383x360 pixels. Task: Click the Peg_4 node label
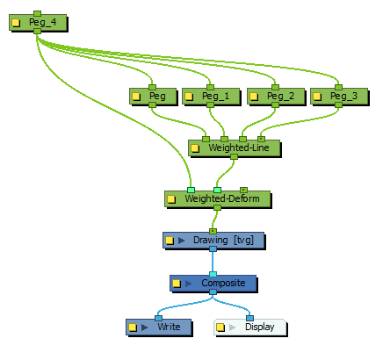42,22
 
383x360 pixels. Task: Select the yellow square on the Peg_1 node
189,97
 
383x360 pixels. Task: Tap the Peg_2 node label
280,96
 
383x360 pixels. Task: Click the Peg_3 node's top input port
338,87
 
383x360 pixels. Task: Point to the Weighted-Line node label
239,148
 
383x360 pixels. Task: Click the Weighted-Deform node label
222,198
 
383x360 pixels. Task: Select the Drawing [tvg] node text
223,241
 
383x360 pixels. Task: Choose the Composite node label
223,283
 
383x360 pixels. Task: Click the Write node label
169,327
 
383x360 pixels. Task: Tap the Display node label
259,327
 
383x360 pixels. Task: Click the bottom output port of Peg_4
37,31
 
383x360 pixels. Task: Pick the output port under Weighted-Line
234,157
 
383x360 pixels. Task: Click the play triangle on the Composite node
189,284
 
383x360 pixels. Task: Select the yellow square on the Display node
220,328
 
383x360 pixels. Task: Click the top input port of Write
158,318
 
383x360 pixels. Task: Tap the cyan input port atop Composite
213,274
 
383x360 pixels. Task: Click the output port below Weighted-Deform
217,207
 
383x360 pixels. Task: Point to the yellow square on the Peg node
136,97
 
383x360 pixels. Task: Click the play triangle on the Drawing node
182,241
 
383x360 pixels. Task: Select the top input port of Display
249,318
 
